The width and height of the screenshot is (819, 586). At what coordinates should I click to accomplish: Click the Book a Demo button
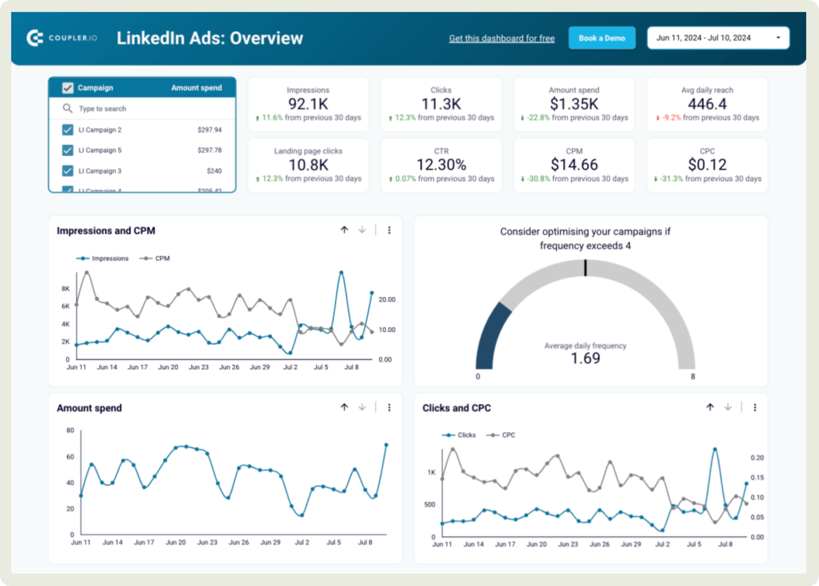[601, 38]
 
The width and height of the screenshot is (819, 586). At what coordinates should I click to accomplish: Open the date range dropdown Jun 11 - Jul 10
[718, 38]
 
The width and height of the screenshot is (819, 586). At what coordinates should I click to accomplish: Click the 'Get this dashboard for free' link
[501, 39]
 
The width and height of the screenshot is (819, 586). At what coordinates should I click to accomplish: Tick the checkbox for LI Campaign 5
[68, 150]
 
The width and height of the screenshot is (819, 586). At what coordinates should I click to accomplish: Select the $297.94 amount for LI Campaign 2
[209, 130]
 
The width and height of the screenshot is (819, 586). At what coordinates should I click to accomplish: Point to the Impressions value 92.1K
[308, 104]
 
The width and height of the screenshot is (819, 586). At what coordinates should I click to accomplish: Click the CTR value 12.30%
[441, 165]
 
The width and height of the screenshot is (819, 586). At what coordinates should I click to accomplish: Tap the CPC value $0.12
[707, 165]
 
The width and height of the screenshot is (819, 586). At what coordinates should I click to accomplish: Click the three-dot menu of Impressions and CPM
[389, 230]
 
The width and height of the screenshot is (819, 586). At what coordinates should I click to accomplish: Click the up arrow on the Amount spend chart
[344, 407]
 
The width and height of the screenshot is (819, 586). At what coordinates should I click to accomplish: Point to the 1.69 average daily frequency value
[585, 359]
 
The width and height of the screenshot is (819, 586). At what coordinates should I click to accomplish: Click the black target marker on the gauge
[585, 268]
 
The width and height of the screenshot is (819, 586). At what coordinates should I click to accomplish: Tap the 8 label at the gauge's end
[693, 376]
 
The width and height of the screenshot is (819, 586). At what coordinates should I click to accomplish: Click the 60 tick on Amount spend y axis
[70, 457]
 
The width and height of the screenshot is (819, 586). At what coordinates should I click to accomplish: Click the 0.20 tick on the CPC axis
[757, 458]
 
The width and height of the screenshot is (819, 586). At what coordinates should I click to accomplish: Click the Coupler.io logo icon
[35, 38]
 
